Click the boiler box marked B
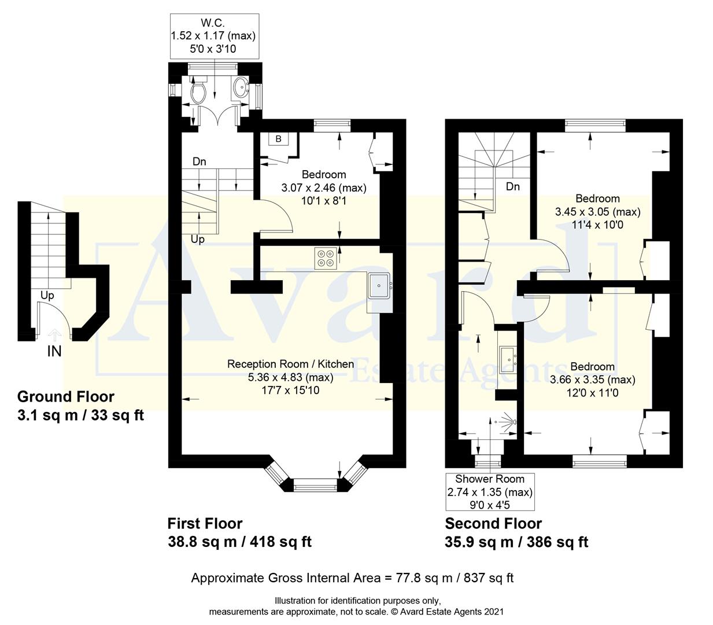[x=278, y=139]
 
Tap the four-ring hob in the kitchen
[x=326, y=258]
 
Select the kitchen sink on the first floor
[x=379, y=285]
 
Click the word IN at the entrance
[x=54, y=351]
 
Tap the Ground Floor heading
[x=66, y=396]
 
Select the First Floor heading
[x=205, y=523]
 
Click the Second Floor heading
[x=493, y=523]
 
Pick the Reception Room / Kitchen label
[x=290, y=364]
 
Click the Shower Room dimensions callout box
[x=490, y=492]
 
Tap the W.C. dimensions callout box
[x=213, y=36]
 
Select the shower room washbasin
[x=507, y=354]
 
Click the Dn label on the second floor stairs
[x=512, y=186]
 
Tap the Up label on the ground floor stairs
[x=47, y=295]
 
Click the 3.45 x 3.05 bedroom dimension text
[x=597, y=212]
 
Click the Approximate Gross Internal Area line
[x=352, y=578]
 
